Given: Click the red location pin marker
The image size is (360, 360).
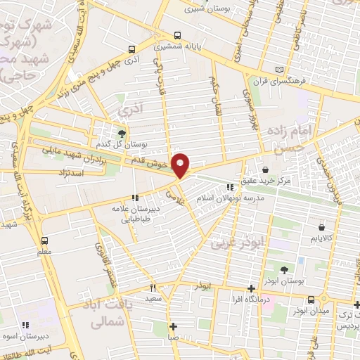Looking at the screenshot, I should coord(181,165).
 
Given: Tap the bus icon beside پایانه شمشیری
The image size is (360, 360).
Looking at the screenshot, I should coord(176,34).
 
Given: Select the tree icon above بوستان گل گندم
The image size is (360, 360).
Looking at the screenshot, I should coord(122,132).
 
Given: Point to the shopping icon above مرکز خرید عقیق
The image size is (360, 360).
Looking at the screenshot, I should coord(266,169).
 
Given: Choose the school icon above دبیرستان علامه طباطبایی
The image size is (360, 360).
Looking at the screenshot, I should coord(135,198).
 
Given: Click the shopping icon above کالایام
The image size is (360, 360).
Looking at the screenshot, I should coord(322,228).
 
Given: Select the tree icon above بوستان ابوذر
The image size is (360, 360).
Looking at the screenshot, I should coord(284,270).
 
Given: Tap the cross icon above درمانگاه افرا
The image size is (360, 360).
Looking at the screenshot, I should coord(251,288).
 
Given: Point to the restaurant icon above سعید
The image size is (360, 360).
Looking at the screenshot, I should coord(153,288).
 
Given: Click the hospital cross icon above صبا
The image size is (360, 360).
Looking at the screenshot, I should coord(174,326).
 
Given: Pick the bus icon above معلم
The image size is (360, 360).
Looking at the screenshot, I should coord(44,240).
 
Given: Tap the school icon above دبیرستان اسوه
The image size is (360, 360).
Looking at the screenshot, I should coord(25,325).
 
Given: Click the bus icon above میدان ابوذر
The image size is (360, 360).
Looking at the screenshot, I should coord(356,303).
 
